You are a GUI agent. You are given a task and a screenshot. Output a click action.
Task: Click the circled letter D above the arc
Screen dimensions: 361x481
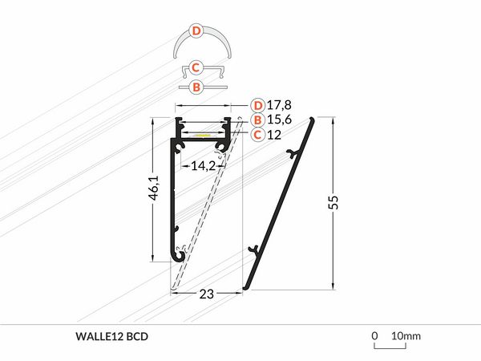click(x=196, y=31)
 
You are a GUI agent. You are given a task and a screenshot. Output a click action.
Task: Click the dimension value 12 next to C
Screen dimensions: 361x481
click(x=275, y=134)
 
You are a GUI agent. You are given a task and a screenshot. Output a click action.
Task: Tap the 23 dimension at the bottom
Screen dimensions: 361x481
click(x=206, y=294)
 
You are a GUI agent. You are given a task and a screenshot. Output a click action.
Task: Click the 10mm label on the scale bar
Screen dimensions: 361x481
click(x=406, y=335)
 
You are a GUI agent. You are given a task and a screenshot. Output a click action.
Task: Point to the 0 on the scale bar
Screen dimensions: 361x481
click(x=374, y=335)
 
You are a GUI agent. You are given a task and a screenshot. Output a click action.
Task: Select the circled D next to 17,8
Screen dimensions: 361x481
click(x=257, y=105)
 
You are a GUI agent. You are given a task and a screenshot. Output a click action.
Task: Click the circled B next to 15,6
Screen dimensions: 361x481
click(x=257, y=120)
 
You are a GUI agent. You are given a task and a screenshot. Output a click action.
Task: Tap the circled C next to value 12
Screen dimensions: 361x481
click(x=257, y=134)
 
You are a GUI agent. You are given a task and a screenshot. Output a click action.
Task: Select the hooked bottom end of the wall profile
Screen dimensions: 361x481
click(x=181, y=256)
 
